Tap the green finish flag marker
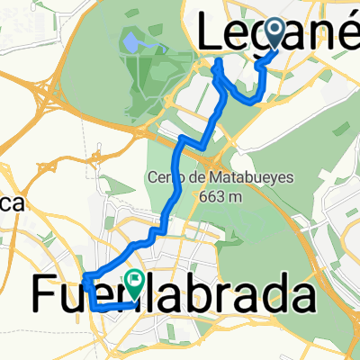point(135,283)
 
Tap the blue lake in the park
point(132,42)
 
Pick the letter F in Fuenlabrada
point(47,293)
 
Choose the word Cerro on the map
point(162,176)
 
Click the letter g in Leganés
point(261,40)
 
